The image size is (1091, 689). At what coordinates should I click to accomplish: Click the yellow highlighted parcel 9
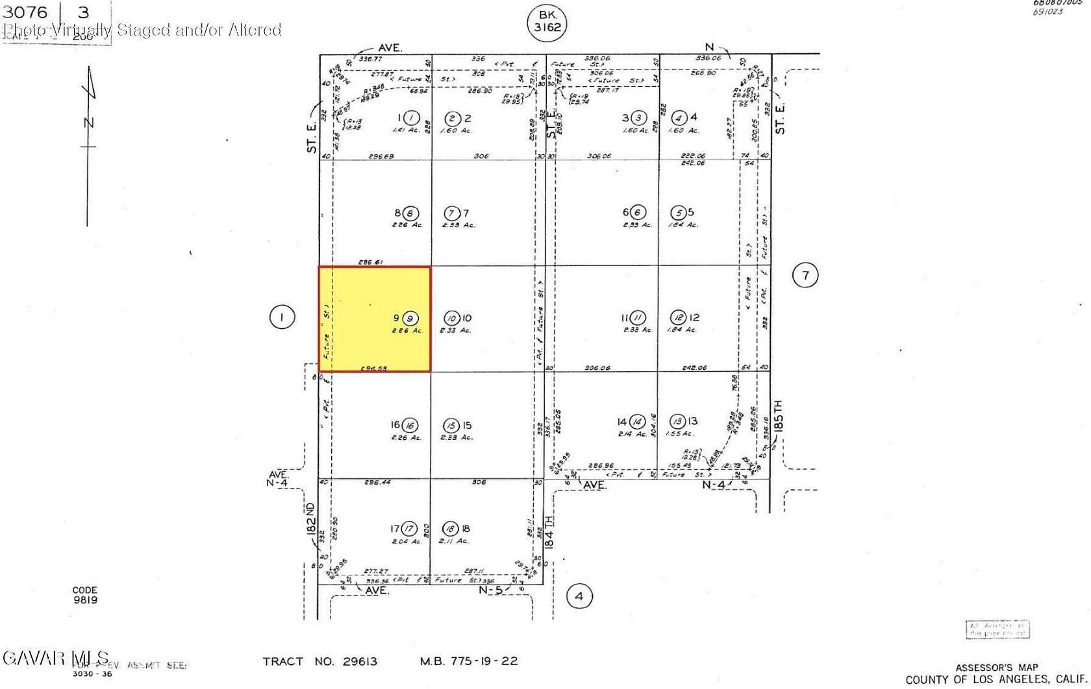pos(374,319)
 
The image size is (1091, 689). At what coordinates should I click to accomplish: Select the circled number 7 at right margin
pos(805,275)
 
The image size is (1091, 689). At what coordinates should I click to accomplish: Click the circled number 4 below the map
pos(579,596)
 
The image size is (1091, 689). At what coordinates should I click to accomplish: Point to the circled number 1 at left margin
pos(282,317)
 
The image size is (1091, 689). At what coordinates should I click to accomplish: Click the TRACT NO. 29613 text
pos(320,662)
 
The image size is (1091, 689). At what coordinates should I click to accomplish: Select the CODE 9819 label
pos(84,595)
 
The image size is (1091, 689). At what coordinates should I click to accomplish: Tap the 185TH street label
pos(778,416)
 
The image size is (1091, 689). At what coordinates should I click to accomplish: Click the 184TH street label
pos(550,532)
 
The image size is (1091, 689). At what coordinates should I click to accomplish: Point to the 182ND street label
pos(310,518)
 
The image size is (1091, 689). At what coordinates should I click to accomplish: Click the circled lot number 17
pos(408,529)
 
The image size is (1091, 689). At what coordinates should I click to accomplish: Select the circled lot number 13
pos(677,421)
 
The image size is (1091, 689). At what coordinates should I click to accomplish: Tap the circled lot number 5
pos(679,213)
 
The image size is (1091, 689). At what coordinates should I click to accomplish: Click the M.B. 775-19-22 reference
pos(468,662)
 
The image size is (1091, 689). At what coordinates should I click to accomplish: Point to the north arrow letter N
pos(89,123)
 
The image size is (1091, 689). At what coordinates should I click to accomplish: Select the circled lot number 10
pos(452,318)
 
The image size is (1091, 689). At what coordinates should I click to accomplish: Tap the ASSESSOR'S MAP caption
pos(996,668)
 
